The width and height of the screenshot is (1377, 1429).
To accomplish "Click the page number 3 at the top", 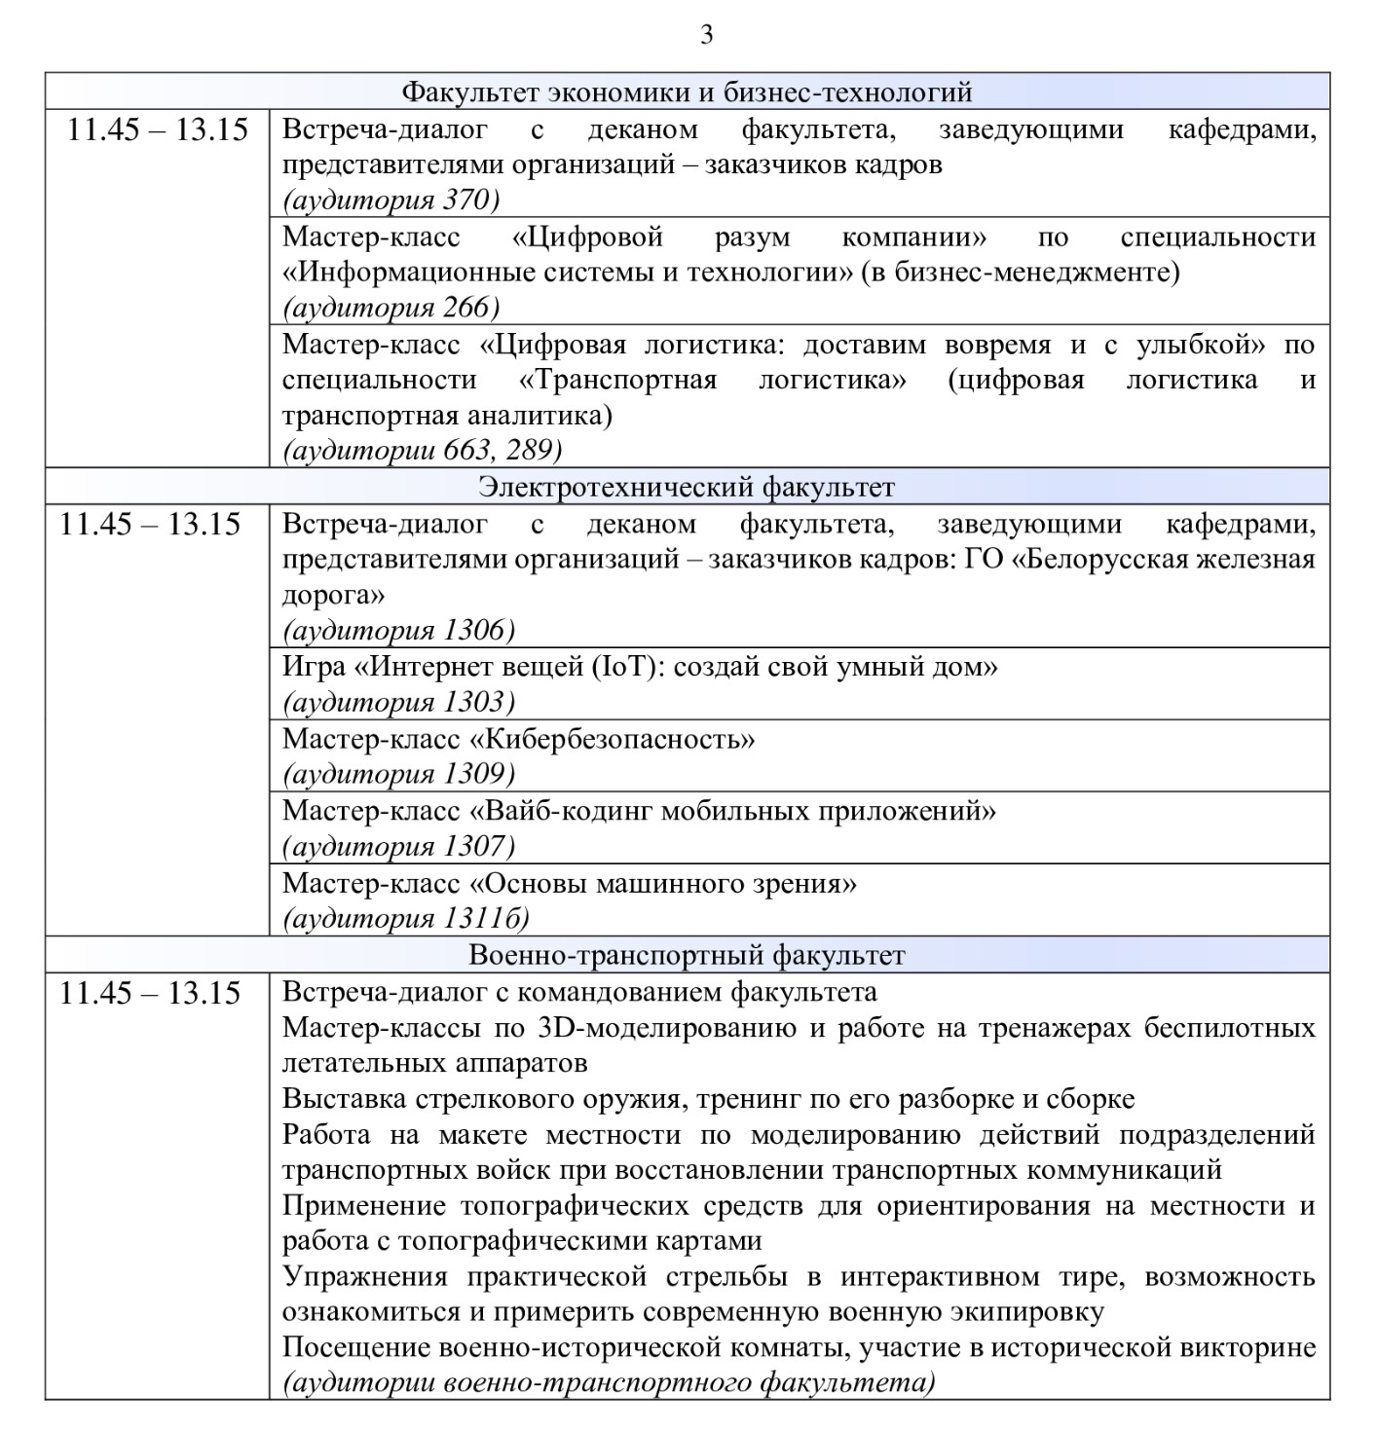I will (706, 36).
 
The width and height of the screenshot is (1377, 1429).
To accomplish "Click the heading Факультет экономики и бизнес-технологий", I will (688, 92).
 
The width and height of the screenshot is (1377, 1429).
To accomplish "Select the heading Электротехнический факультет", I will (687, 486).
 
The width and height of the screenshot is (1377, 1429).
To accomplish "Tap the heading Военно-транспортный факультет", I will (687, 955).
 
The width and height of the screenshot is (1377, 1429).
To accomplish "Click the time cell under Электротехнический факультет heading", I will (150, 525).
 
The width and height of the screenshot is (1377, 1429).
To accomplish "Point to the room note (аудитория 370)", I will (391, 201).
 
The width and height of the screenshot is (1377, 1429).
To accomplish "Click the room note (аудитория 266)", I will (391, 308).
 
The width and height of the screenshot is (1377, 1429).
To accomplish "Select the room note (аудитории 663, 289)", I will (422, 451).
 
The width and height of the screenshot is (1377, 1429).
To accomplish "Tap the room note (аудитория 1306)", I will (398, 631).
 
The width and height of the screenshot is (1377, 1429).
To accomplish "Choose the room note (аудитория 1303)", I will (398, 702).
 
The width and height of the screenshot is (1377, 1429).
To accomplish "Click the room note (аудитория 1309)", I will (398, 774).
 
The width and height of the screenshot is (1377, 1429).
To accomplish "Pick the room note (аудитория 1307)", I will (398, 846).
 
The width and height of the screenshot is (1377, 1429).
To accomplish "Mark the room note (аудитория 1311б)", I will (405, 918).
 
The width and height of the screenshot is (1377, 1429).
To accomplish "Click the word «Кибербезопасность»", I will (613, 739).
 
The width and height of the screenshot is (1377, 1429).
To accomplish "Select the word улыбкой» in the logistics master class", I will (1200, 345).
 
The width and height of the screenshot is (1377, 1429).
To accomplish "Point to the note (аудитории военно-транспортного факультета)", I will (609, 1383).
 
